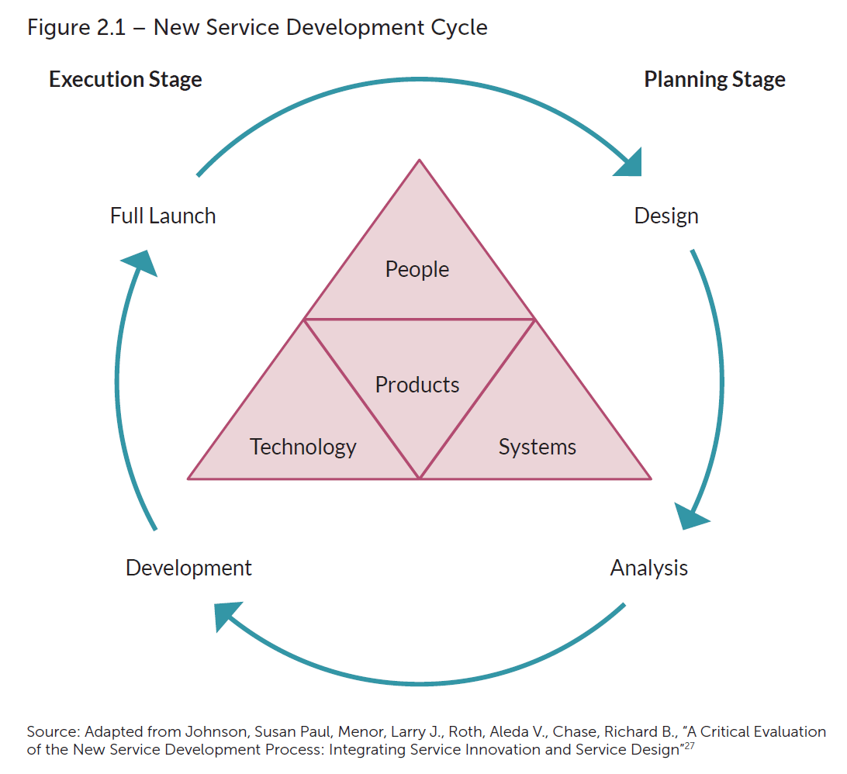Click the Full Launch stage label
click(163, 216)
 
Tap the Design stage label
click(666, 216)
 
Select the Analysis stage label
click(649, 568)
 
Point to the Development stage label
click(188, 568)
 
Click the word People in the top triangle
click(417, 269)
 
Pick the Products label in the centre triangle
click(417, 385)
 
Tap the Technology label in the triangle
click(302, 447)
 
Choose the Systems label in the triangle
click(538, 447)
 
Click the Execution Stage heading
click(126, 80)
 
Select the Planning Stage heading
click(714, 80)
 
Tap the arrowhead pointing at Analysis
click(690, 516)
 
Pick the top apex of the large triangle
click(419, 161)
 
